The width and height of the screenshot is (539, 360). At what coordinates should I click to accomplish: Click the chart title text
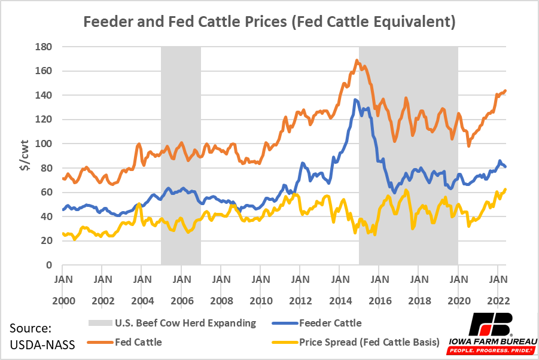click(269, 22)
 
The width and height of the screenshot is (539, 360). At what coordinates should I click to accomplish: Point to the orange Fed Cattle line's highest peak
click(357, 60)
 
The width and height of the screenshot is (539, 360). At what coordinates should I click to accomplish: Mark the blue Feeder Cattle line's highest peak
click(356, 100)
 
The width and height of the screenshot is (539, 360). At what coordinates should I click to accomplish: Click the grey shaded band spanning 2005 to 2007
click(181, 155)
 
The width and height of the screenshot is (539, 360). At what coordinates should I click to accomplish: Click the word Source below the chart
click(30, 328)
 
